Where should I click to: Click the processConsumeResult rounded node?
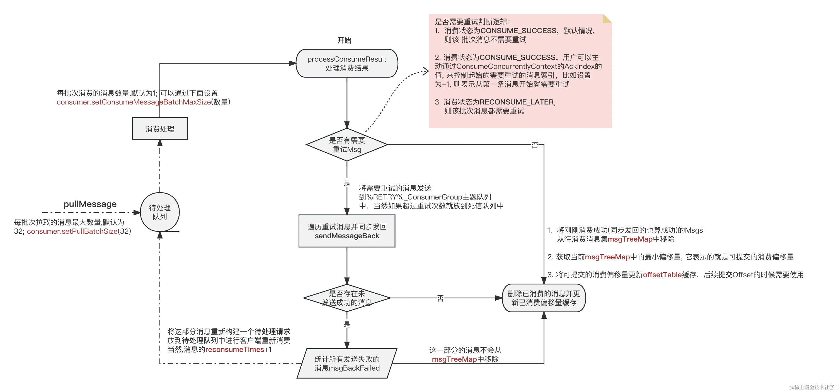346,64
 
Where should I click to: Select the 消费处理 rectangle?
160,129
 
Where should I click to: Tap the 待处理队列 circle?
160,212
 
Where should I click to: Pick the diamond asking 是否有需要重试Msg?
346,145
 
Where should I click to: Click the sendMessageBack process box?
346,231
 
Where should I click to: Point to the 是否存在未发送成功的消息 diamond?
346,298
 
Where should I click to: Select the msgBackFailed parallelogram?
346,363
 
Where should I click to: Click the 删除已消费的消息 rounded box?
544,298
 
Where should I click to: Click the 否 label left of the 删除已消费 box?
440,298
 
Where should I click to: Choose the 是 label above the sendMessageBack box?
346,182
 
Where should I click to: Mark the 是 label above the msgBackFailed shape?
346,324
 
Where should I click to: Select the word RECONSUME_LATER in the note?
517,102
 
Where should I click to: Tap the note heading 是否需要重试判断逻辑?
472,22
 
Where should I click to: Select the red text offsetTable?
662,274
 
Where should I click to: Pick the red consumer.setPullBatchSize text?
72,231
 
